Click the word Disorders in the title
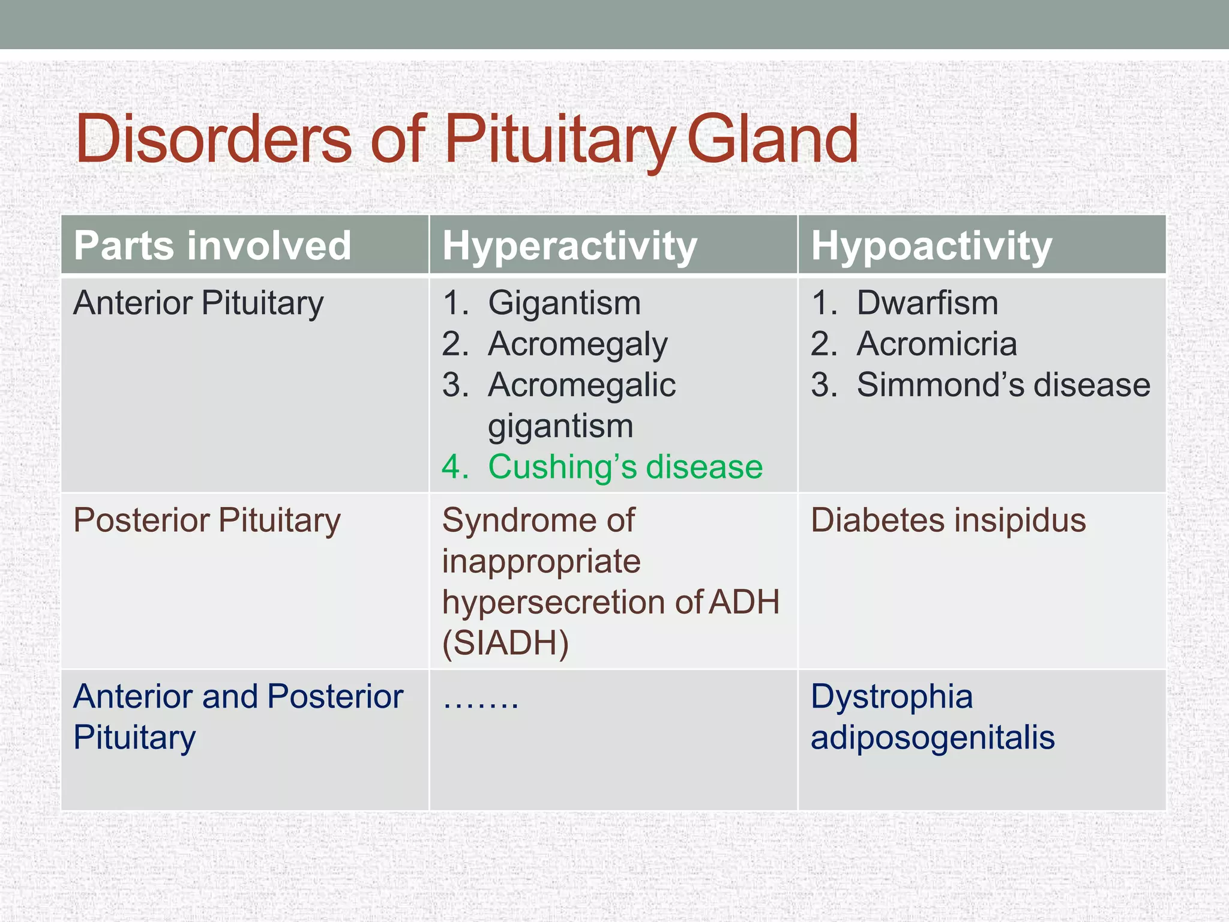pos(213,139)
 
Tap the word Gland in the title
pos(772,139)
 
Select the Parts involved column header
pos(212,246)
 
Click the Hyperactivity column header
pos(569,246)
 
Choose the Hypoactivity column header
pos(931,246)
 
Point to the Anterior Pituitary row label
pos(198,303)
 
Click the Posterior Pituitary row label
pos(206,520)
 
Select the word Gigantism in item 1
pos(564,303)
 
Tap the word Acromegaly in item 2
pos(577,345)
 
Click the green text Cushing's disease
pos(625,467)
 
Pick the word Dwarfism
pos(927,303)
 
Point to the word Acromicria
pos(937,344)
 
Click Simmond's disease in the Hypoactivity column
pos(1003,385)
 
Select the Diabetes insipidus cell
pos(948,520)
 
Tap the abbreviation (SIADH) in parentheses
pos(505,643)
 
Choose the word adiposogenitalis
pos(933,738)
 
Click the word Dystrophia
pos(892,697)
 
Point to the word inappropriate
pos(541,562)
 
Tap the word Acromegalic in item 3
pos(581,385)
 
